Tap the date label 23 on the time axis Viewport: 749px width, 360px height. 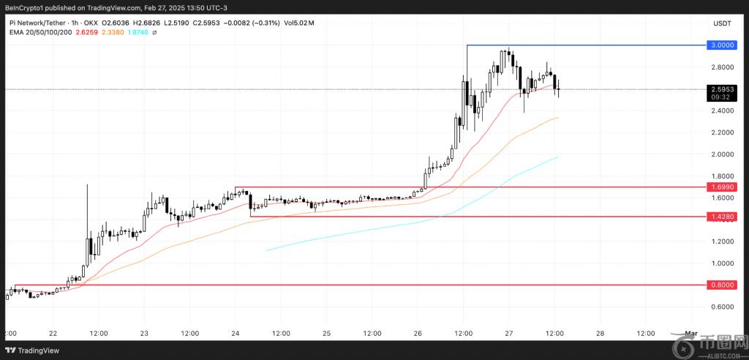[x=144, y=334]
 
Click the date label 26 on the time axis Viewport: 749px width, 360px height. [x=418, y=334]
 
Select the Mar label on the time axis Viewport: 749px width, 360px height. [x=690, y=334]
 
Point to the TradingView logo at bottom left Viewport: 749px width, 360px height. [x=35, y=349]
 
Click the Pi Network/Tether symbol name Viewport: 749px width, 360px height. [x=37, y=21]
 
